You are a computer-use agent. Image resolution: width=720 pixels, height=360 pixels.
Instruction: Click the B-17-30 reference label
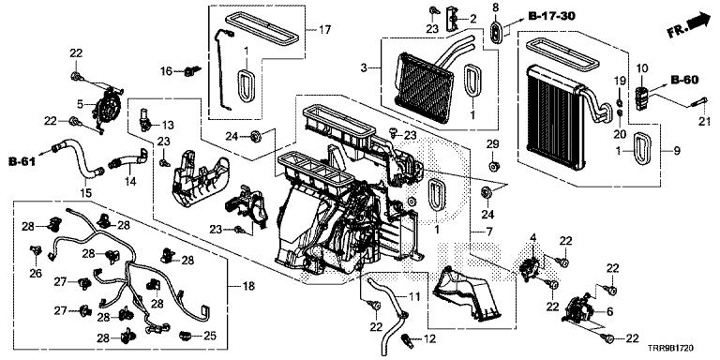(551, 17)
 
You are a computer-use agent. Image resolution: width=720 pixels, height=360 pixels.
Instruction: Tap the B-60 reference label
(684, 81)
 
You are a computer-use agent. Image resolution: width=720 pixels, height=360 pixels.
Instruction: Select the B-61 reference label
(22, 161)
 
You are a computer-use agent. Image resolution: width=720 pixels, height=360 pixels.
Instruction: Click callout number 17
(324, 31)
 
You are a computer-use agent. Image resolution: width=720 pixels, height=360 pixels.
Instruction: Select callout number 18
(248, 287)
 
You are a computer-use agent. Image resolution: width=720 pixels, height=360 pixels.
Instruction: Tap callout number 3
(364, 68)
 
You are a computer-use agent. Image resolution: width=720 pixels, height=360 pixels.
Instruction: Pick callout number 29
(493, 144)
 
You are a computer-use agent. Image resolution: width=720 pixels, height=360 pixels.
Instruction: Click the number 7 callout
(489, 232)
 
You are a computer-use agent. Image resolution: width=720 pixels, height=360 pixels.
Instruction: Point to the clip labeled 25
(185, 337)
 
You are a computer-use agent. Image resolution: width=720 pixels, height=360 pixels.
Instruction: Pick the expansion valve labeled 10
(642, 97)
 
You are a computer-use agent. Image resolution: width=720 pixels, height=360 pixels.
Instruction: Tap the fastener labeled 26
(36, 251)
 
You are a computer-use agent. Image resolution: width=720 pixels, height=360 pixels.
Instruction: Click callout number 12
(428, 339)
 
